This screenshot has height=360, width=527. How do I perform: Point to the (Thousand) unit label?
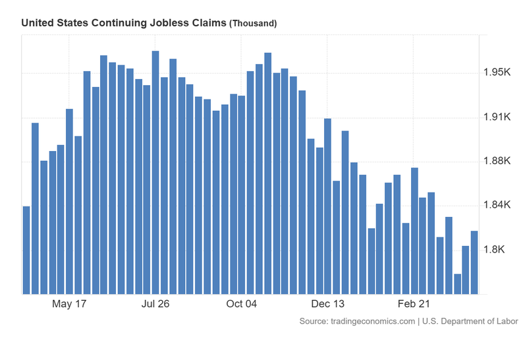pyautogui.click(x=252, y=23)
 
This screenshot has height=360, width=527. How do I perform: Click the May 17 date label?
pyautogui.click(x=69, y=304)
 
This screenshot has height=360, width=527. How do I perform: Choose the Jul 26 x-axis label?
pyautogui.click(x=155, y=304)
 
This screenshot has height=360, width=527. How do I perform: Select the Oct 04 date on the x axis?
pyautogui.click(x=242, y=304)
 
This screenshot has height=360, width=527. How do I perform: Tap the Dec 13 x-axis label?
pyautogui.click(x=328, y=304)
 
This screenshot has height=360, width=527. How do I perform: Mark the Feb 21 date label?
pyautogui.click(x=414, y=304)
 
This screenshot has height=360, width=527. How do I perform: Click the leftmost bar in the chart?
pyautogui.click(x=26, y=251)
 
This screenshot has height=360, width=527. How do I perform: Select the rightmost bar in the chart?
pyautogui.click(x=474, y=262)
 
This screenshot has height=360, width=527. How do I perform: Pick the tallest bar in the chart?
pyautogui.click(x=155, y=171)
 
